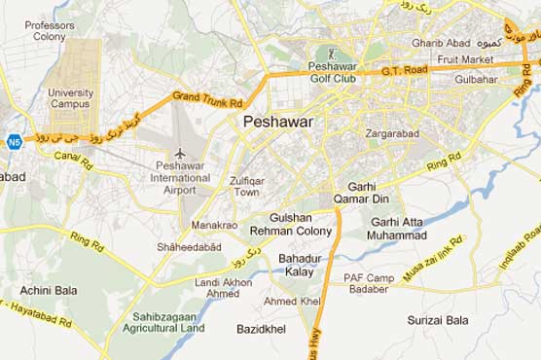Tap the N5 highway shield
click(14, 142)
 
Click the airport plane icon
click(180, 153)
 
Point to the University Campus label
click(71, 98)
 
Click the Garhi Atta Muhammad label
click(398, 229)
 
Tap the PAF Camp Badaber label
click(369, 283)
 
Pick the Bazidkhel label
click(262, 330)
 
